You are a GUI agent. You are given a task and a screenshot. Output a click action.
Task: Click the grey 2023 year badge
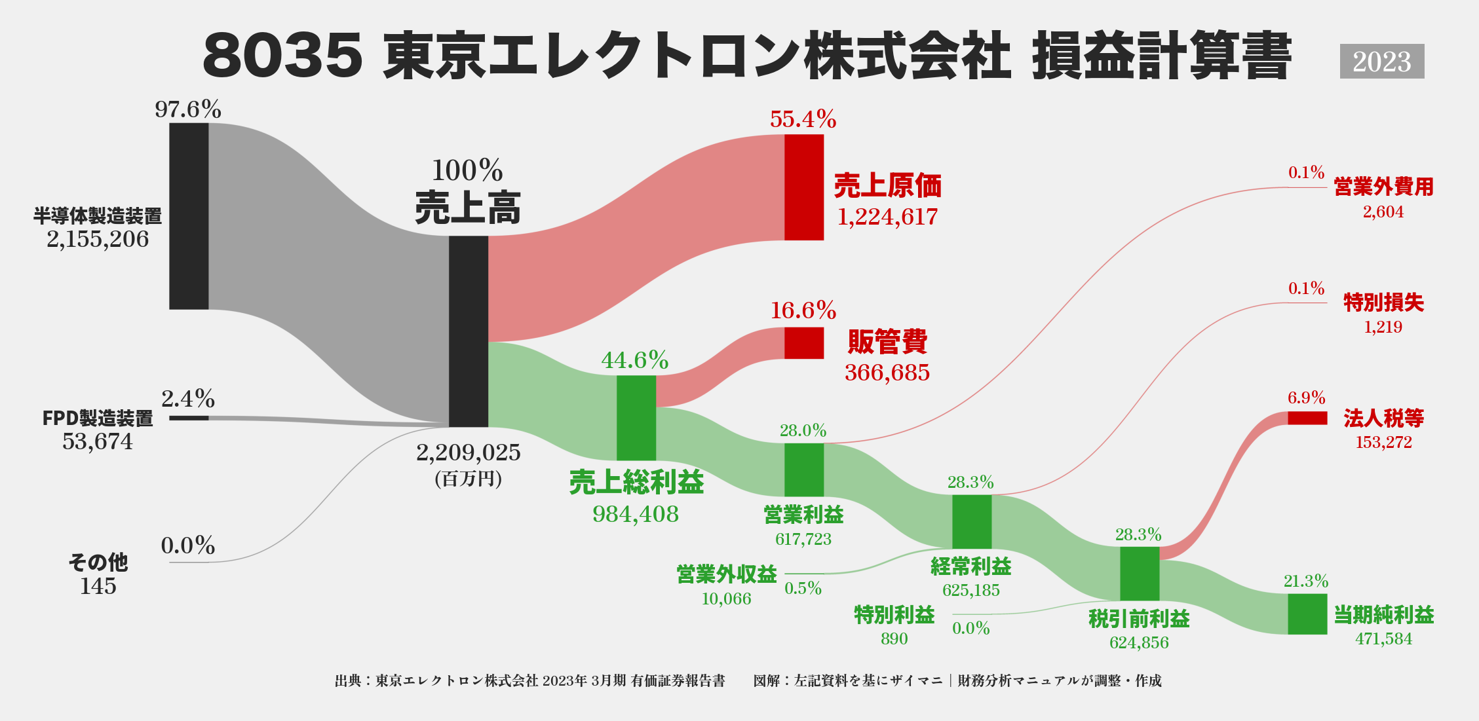pyautogui.click(x=1381, y=62)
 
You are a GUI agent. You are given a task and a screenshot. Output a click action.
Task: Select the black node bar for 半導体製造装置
pyautogui.click(x=189, y=215)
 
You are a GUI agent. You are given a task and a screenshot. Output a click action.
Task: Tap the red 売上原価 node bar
pyautogui.click(x=804, y=187)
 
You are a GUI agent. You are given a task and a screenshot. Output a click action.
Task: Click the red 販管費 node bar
pyautogui.click(x=804, y=342)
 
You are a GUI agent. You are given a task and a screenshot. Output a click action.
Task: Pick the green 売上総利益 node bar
pyautogui.click(x=636, y=418)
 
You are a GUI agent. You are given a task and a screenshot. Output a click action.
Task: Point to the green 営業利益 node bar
pyautogui.click(x=804, y=470)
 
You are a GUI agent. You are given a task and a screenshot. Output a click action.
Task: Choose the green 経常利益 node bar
pyautogui.click(x=972, y=521)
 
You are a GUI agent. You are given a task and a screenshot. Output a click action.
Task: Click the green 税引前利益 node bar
pyautogui.click(x=1140, y=573)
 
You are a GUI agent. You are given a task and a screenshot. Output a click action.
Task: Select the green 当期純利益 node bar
pyautogui.click(x=1307, y=614)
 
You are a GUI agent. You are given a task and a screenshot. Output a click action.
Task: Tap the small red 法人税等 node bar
pyautogui.click(x=1307, y=418)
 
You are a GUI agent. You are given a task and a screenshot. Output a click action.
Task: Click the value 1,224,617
pyautogui.click(x=887, y=217)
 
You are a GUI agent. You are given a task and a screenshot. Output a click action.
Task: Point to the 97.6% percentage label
pyautogui.click(x=188, y=109)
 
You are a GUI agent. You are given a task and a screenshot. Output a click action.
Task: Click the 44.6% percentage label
pyautogui.click(x=635, y=360)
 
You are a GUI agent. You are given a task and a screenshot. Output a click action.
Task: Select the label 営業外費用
pyautogui.click(x=1383, y=187)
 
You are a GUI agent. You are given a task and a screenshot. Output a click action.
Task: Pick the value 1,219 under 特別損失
pyautogui.click(x=1383, y=327)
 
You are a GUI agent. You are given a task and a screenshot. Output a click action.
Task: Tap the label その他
pyautogui.click(x=98, y=562)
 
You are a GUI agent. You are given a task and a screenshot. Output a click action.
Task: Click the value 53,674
pyautogui.click(x=98, y=441)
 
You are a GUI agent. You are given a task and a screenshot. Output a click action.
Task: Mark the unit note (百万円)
pyautogui.click(x=468, y=479)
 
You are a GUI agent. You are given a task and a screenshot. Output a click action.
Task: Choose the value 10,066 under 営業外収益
pyautogui.click(x=726, y=599)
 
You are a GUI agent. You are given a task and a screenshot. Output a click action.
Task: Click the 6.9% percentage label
pyautogui.click(x=1306, y=397)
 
